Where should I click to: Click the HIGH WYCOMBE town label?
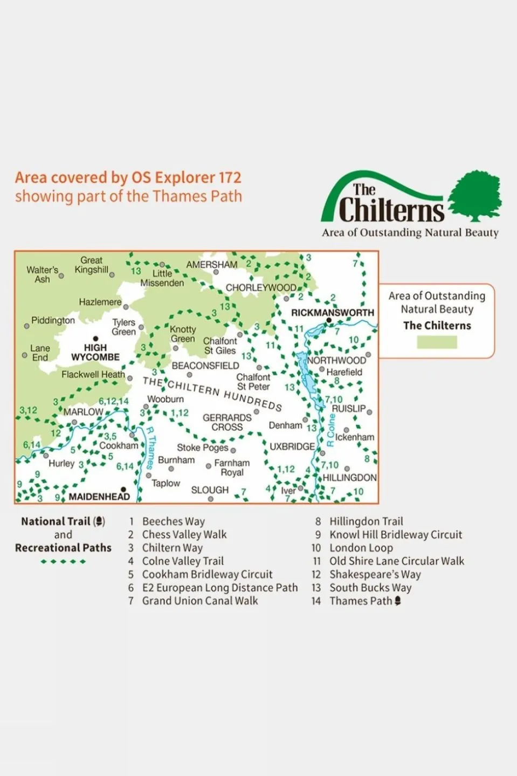click(x=95, y=352)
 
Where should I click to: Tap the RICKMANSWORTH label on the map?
click(x=332, y=312)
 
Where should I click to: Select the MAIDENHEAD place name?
click(x=99, y=496)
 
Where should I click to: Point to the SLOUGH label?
click(x=210, y=490)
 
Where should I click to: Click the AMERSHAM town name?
click(x=211, y=265)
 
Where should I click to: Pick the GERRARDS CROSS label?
click(x=227, y=422)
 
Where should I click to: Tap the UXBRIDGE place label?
click(x=292, y=447)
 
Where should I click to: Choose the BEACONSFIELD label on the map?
click(x=205, y=366)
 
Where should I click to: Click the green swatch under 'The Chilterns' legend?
click(x=437, y=342)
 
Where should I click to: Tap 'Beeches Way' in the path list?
click(x=174, y=521)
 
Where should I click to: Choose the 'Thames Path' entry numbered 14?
click(x=361, y=601)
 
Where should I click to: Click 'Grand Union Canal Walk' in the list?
click(x=200, y=601)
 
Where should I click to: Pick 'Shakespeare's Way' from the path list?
click(x=375, y=574)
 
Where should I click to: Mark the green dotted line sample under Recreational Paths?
click(x=63, y=562)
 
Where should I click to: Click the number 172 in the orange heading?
click(x=230, y=177)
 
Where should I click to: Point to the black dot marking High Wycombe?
click(x=95, y=339)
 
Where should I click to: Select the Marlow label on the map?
click(x=83, y=412)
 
